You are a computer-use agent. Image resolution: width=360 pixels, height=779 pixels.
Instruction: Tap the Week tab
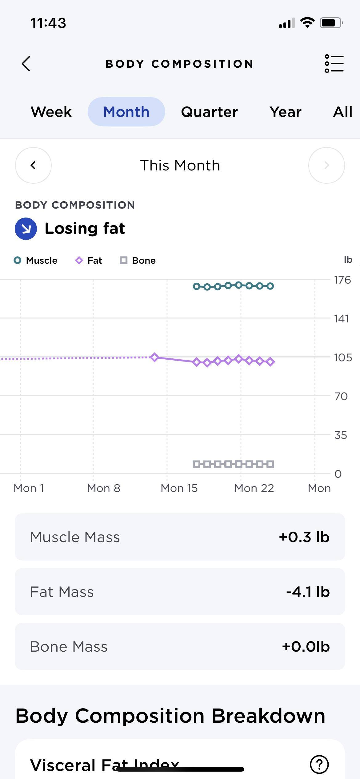51,112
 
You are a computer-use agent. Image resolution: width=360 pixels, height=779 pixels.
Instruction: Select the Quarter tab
209,112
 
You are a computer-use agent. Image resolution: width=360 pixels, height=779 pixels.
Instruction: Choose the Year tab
285,112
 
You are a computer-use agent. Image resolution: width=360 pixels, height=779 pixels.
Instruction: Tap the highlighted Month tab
126,112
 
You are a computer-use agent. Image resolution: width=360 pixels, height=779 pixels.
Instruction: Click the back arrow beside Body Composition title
26,64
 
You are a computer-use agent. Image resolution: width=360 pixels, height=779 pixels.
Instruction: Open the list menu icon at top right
334,64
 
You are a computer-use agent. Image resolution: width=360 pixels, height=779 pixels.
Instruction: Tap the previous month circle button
33,165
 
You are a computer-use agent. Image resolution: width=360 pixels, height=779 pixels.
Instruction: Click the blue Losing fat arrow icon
26,229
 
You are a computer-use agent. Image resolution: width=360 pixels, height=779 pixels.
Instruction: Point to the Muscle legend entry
36,261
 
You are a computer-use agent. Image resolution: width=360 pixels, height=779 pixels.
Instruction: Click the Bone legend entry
138,261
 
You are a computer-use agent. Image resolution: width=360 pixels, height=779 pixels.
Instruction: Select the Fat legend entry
89,261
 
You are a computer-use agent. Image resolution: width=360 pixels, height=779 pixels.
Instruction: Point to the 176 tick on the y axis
342,280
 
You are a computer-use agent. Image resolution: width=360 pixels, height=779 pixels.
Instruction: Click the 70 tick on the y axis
341,396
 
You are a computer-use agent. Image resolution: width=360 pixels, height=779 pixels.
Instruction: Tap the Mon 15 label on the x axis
179,488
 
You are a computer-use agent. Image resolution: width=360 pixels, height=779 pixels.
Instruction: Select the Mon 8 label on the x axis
104,488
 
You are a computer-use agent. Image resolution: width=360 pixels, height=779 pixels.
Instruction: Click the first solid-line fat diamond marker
154,357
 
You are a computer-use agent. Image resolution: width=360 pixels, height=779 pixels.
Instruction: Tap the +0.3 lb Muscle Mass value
304,537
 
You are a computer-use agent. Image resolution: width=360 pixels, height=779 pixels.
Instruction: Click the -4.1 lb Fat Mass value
308,592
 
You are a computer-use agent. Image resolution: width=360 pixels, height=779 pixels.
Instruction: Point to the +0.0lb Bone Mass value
306,646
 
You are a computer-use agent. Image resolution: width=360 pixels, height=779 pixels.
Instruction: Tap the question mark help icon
319,764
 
